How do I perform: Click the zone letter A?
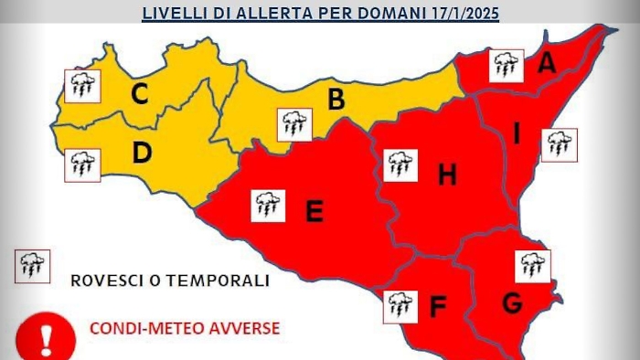tap(548, 63)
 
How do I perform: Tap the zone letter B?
tap(336, 100)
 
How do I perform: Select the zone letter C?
tap(140, 93)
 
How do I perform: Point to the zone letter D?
tap(141, 153)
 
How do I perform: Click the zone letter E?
tap(314, 212)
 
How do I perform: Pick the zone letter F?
tap(437, 308)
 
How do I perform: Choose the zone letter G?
tap(513, 301)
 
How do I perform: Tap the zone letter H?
tap(446, 174)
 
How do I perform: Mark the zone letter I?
tap(517, 134)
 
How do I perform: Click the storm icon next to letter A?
tap(506, 66)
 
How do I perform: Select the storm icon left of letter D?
tap(82, 166)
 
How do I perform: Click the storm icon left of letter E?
tap(268, 206)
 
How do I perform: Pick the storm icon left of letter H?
tap(398, 165)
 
